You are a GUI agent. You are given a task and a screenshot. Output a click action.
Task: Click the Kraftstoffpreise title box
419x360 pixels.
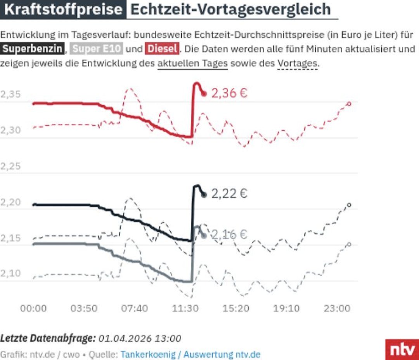pos(63,9)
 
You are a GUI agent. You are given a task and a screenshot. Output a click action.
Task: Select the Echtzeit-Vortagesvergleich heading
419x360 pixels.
pos(230,9)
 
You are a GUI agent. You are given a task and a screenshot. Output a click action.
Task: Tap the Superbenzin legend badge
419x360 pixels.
pos(32,49)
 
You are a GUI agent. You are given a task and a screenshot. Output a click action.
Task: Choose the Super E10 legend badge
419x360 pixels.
pos(97,49)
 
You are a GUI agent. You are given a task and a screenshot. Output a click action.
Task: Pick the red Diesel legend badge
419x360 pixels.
pos(162,49)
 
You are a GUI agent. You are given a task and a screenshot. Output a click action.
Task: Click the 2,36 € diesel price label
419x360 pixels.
pos(229,93)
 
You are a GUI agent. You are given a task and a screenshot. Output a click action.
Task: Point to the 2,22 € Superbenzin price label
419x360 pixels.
pos(229,193)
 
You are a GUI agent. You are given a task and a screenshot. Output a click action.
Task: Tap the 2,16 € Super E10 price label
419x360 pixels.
pos(229,235)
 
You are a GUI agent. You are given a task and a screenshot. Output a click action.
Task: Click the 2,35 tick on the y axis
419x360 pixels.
pos(10,95)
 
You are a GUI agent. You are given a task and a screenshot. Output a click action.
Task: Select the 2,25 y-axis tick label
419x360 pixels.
pos(10,166)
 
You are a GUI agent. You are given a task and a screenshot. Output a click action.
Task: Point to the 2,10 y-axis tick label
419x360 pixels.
pos(10,273)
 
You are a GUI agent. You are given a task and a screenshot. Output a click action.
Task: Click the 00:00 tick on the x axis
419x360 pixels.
pos(33,308)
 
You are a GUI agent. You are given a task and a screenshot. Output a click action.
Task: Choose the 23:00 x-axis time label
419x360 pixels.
pos(337,308)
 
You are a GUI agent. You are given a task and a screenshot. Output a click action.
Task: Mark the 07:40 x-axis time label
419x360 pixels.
pos(135,308)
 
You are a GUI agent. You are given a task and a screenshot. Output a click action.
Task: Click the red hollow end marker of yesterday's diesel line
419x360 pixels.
pos(349,104)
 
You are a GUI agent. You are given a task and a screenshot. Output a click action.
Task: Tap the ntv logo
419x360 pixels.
pos(402,349)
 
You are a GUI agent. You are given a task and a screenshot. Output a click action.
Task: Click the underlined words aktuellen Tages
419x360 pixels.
pos(192,63)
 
